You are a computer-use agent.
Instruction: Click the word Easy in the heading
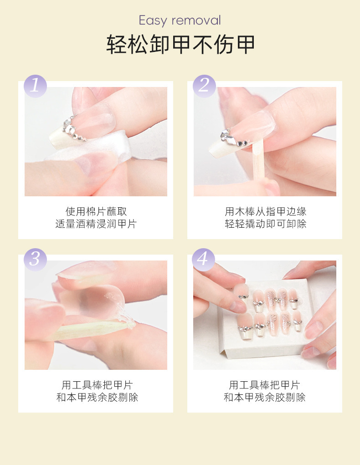point(153,20)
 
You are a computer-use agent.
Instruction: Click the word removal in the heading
point(196,20)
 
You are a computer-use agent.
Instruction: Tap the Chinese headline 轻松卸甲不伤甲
point(180,45)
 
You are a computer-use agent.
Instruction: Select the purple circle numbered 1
point(36,86)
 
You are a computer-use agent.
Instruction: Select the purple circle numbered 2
point(204,86)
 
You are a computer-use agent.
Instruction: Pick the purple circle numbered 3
point(36,260)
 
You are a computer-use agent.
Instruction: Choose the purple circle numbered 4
point(203,260)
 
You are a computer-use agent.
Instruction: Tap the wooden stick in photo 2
point(257,160)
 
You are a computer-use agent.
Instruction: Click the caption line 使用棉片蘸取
point(96,211)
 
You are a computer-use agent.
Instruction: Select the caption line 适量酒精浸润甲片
point(96,224)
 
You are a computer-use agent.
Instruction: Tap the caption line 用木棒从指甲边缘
point(265,211)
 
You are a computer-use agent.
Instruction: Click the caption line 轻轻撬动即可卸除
point(265,224)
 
